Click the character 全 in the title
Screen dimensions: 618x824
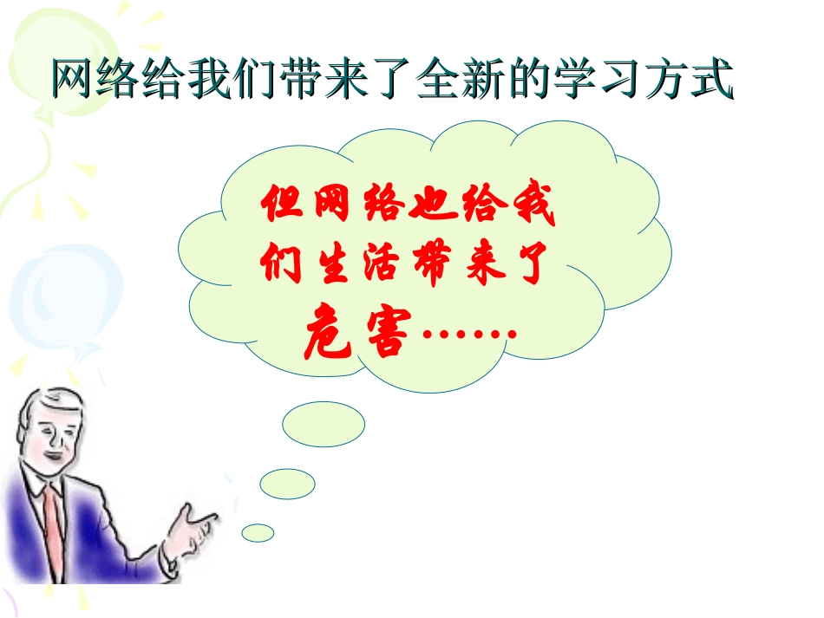coord(438,80)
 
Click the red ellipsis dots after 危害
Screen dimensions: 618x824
coord(468,334)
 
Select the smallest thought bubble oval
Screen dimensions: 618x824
coord(258,532)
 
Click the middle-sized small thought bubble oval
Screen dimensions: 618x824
coord(287,483)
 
